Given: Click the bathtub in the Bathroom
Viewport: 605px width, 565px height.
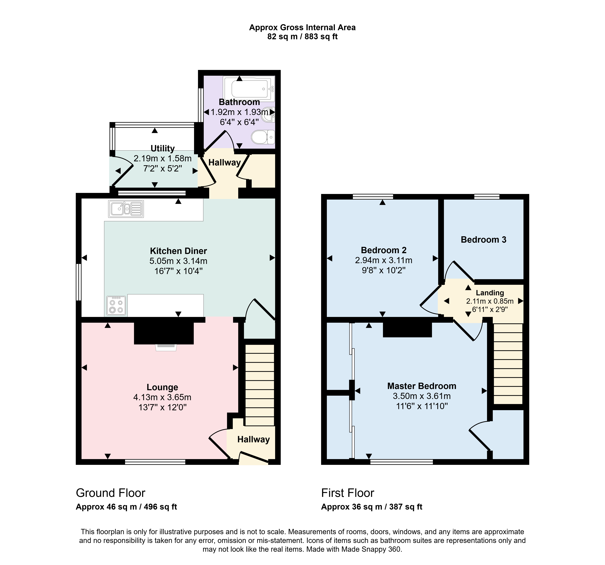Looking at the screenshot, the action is [x=249, y=89].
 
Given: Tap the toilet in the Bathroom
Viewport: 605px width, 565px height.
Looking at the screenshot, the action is [x=263, y=137].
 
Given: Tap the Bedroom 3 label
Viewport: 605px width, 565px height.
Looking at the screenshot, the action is [x=484, y=240].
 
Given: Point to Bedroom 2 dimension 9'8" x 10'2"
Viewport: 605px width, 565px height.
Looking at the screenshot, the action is [x=384, y=270].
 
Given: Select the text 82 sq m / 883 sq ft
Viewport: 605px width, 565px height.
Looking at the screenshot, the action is [x=302, y=37].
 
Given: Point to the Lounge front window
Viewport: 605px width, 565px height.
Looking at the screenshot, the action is [x=155, y=462].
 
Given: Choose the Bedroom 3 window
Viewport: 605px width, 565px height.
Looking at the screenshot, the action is [x=487, y=197].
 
